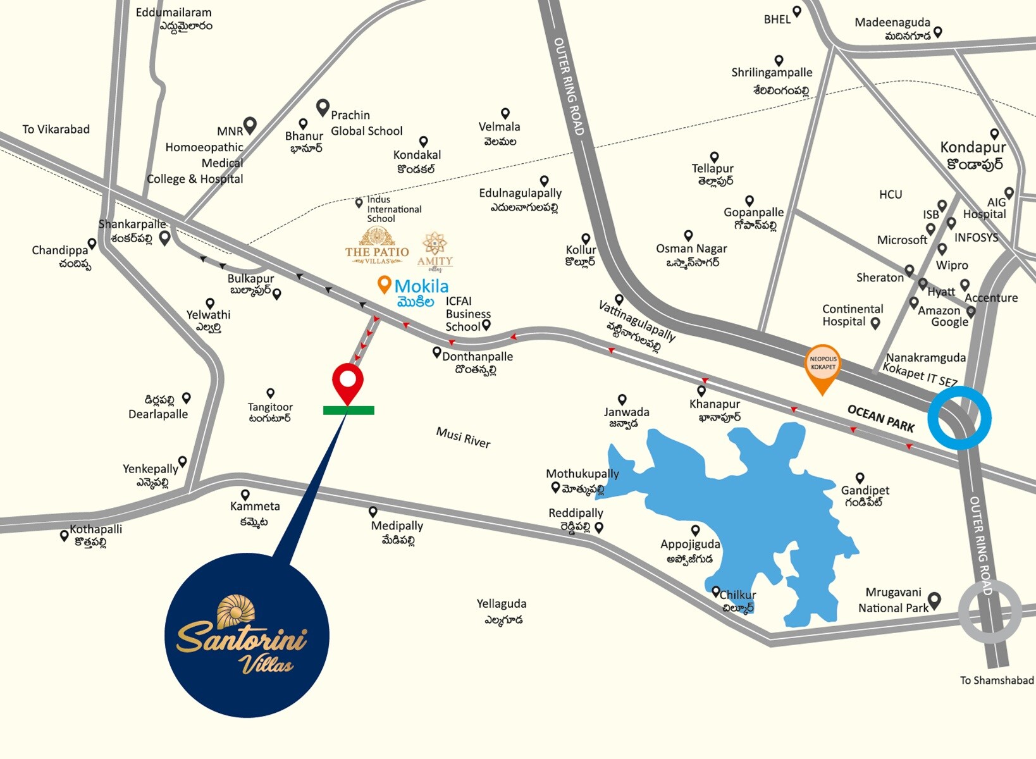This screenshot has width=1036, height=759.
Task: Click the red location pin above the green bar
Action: [347, 381]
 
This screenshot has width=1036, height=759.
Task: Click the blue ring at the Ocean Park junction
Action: [959, 418]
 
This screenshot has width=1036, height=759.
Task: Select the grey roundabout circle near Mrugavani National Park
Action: [989, 612]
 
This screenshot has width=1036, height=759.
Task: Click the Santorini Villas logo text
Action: [242, 640]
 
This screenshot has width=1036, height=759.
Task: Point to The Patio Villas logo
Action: [377, 247]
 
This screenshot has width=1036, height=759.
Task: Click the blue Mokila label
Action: [421, 286]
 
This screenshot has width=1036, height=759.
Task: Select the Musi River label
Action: [463, 437]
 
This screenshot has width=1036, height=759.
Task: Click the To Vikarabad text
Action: [56, 129]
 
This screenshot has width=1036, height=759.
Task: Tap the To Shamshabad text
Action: [996, 681]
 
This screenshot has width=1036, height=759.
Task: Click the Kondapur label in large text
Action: [973, 147]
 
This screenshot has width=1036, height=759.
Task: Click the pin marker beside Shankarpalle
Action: [165, 238]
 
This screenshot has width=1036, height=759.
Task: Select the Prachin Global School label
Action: [366, 123]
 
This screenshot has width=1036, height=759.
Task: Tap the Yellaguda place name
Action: [502, 604]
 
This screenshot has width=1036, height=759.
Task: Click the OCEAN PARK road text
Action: [880, 419]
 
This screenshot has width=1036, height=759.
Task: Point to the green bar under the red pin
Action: [348, 410]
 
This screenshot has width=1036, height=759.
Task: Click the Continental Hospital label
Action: [852, 315]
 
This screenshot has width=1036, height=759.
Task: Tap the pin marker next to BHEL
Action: [797, 11]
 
